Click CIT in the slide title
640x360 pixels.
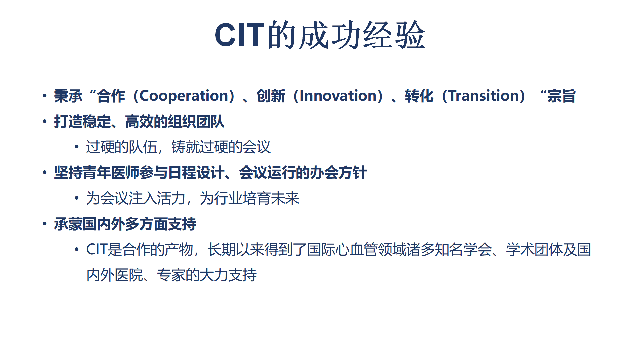pyautogui.click(x=239, y=35)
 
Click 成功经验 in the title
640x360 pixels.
pyautogui.click(x=362, y=35)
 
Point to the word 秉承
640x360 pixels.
pyautogui.click(x=68, y=96)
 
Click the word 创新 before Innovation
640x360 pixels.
pyautogui.click(x=271, y=96)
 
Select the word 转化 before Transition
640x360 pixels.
pyautogui.click(x=419, y=96)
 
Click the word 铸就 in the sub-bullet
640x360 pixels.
pyautogui.click(x=185, y=147)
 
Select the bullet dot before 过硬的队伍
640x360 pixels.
pyautogui.click(x=77, y=147)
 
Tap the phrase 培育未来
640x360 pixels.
pyautogui.click(x=271, y=198)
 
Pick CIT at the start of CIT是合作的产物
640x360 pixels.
pyautogui.click(x=97, y=250)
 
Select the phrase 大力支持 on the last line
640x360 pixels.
pyautogui.click(x=228, y=275)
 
